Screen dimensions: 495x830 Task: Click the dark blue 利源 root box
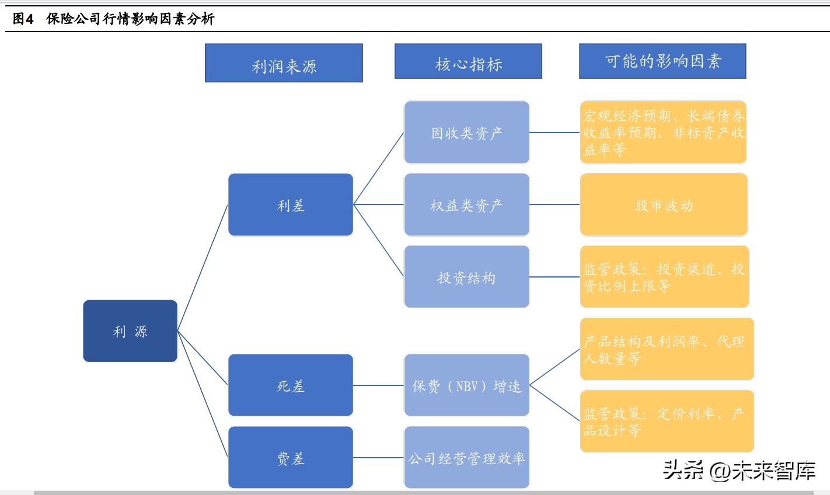(130, 331)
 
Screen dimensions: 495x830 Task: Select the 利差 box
(291, 205)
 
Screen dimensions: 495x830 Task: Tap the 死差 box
(291, 385)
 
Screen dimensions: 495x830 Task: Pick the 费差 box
(291, 458)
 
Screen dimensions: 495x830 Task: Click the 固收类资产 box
(466, 132)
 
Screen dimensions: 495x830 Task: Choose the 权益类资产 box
(466, 205)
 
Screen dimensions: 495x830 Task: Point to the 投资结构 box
(466, 277)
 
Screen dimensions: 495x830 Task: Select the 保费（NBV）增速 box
(466, 385)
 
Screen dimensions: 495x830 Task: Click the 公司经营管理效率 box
(466, 458)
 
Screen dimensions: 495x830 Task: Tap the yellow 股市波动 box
(664, 205)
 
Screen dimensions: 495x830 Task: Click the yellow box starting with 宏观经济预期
(664, 132)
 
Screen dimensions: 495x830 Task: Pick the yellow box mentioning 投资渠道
(664, 277)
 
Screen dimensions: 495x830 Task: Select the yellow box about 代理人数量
(667, 349)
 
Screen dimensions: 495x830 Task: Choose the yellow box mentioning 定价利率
(667, 422)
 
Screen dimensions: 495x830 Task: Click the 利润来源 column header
(284, 64)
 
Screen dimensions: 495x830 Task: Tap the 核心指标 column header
(468, 62)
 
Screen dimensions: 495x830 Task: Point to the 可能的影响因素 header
(662, 61)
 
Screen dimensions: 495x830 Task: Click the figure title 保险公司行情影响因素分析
(130, 19)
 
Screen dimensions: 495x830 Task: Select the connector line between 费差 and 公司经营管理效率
(379, 458)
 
